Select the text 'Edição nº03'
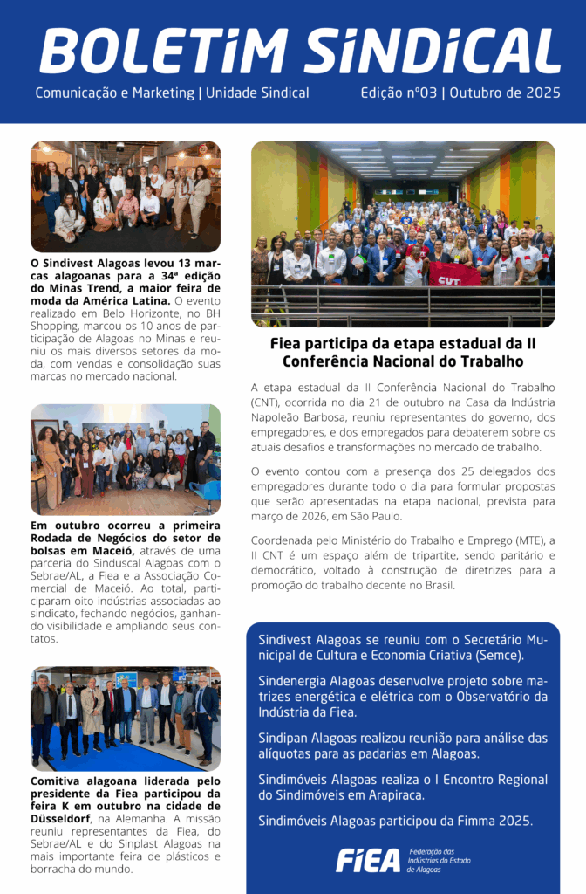[x=399, y=93]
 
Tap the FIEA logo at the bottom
[x=368, y=861]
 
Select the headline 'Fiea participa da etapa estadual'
[x=403, y=343]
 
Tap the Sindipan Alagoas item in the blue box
[x=403, y=746]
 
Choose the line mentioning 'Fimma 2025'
[x=395, y=821]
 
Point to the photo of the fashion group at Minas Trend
[x=126, y=196]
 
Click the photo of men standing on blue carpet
[x=126, y=719]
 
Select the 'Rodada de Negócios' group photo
[x=126, y=459]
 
